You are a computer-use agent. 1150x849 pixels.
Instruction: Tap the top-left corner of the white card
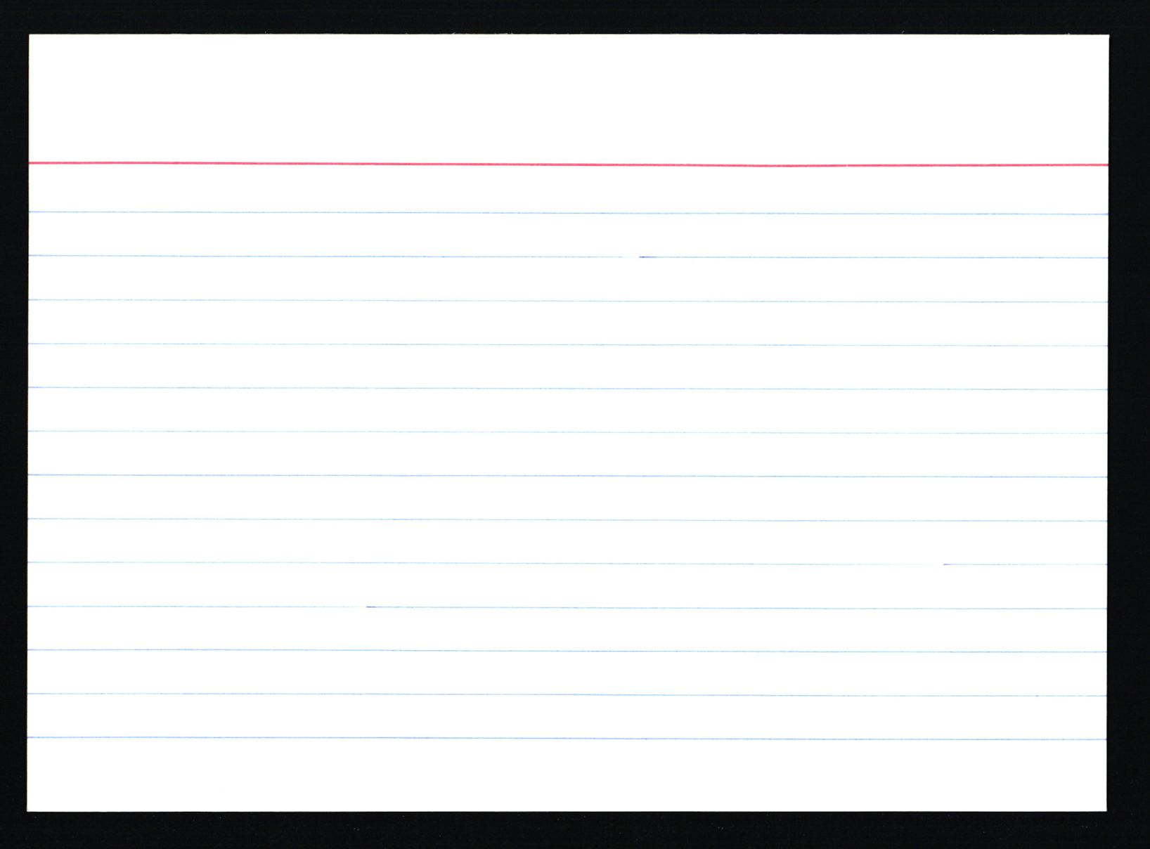(x=30, y=36)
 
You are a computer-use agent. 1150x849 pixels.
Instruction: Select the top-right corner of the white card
(x=1107, y=36)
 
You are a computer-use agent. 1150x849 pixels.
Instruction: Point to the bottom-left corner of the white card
(x=29, y=810)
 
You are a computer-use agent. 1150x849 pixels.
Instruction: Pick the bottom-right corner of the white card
(x=1105, y=810)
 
